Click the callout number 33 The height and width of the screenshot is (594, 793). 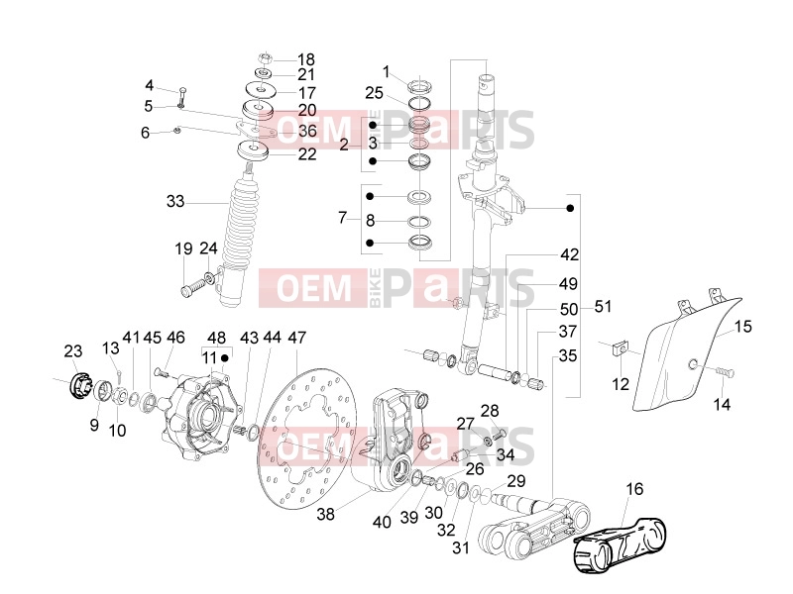(x=175, y=202)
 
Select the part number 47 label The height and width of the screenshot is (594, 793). (x=296, y=338)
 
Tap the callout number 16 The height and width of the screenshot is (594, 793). (x=634, y=489)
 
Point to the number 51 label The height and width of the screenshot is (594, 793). (x=603, y=307)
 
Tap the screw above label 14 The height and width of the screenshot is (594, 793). (x=725, y=372)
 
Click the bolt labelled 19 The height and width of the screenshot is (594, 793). (x=192, y=288)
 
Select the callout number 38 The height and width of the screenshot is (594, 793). (x=326, y=514)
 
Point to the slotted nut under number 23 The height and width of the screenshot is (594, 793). (x=78, y=386)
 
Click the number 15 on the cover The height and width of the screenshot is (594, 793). (x=742, y=327)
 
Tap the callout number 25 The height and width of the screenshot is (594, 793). (x=374, y=93)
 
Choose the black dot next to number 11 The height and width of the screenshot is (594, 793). (x=225, y=358)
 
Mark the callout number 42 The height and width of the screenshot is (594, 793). (x=569, y=254)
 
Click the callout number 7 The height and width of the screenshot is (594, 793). (x=343, y=218)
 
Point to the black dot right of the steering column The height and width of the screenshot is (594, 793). (x=570, y=208)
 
